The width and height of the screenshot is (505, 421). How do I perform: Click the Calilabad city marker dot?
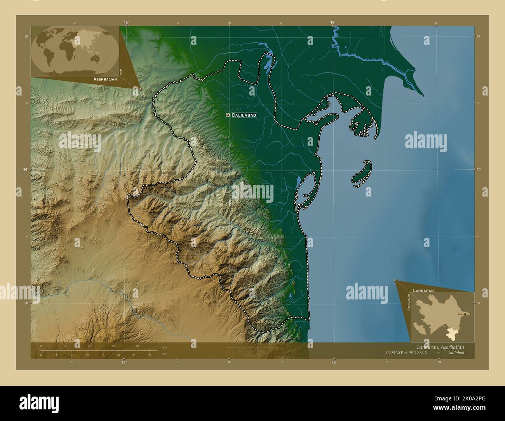tap(228, 115)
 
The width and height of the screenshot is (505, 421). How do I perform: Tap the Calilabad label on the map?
tap(244, 115)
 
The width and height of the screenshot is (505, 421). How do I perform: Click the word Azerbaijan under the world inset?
tap(105, 79)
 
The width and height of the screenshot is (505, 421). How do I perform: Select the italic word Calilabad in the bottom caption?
tap(455, 353)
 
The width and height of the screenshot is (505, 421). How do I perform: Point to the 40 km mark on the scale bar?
tap(137, 346)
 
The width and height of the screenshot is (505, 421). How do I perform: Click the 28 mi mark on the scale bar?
tap(149, 355)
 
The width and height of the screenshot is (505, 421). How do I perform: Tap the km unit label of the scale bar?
tap(165, 347)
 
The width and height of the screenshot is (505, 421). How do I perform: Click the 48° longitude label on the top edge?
tap(125, 23)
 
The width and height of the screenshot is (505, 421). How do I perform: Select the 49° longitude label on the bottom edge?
tap(333, 362)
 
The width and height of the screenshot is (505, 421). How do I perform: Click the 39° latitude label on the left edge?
tap(26, 170)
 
